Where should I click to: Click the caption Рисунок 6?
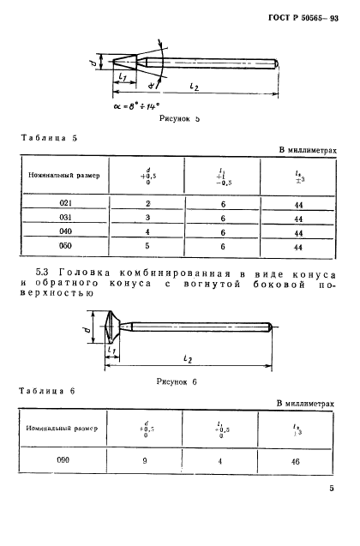(178, 382)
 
